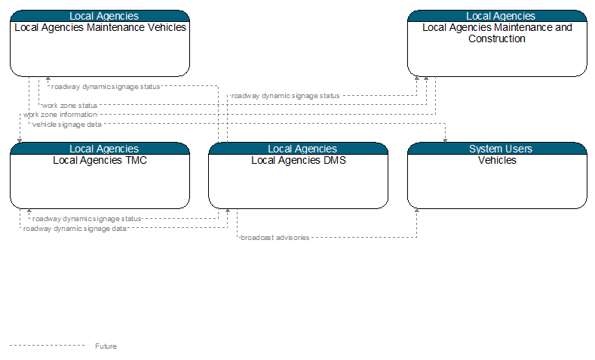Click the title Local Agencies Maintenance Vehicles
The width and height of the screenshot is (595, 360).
(100, 28)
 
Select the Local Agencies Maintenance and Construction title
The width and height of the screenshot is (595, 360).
(497, 33)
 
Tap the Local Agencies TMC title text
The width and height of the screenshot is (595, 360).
(100, 160)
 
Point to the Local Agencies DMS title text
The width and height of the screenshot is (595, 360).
(299, 160)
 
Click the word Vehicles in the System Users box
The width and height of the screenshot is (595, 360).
(497, 160)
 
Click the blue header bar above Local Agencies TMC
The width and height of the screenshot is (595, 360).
(100, 149)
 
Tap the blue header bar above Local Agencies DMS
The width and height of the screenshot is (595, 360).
(299, 149)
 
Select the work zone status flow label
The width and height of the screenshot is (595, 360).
(70, 106)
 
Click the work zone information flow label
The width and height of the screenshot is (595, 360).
(60, 115)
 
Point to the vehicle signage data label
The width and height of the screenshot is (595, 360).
(67, 125)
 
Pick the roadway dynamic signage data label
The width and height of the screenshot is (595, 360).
(75, 229)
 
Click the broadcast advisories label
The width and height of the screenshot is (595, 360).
(275, 238)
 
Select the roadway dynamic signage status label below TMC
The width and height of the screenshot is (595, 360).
(87, 219)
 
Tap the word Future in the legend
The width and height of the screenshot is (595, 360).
(106, 346)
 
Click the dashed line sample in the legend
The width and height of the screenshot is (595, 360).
(47, 346)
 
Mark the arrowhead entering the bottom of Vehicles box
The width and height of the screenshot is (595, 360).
(417, 211)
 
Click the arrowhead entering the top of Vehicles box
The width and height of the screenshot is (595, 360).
(445, 141)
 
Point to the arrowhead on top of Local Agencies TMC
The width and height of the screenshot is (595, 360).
(20, 141)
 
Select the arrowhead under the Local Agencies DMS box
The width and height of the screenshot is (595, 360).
(228, 211)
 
